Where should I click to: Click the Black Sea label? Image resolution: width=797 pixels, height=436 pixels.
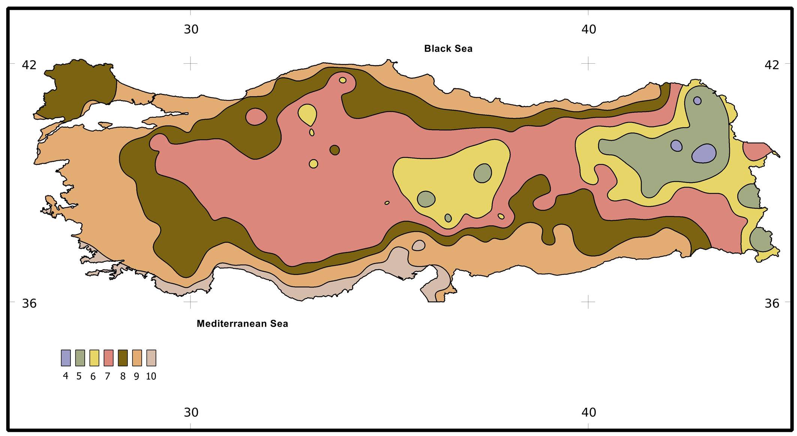click(x=448, y=49)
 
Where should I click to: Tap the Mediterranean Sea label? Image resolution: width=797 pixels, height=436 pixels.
click(x=242, y=324)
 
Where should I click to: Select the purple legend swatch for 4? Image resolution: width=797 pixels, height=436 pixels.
click(x=66, y=358)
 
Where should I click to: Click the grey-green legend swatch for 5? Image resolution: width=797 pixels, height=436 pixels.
click(x=80, y=358)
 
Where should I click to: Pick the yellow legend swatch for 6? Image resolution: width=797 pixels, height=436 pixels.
click(x=94, y=358)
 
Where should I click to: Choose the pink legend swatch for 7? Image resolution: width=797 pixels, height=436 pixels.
click(x=108, y=358)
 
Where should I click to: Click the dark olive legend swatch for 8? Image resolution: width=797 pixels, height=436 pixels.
click(x=123, y=358)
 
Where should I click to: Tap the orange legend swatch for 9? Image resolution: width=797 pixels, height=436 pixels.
click(x=137, y=358)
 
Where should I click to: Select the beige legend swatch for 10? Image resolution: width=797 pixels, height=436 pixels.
click(x=151, y=358)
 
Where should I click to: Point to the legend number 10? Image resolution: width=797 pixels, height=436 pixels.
click(x=151, y=376)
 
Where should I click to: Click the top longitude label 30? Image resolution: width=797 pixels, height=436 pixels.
click(x=191, y=29)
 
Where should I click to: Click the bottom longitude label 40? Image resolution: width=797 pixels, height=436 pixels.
click(x=589, y=412)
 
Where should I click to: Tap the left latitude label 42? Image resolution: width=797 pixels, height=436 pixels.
click(x=29, y=65)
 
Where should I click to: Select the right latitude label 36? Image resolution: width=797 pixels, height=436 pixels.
click(x=772, y=303)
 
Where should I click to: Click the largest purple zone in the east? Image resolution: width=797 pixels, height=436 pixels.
click(x=704, y=154)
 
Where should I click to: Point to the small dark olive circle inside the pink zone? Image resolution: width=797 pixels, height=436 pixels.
click(x=334, y=150)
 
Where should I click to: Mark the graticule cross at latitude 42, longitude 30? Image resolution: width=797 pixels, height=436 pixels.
click(x=190, y=63)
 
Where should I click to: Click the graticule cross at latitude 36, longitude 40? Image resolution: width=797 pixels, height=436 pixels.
click(x=588, y=301)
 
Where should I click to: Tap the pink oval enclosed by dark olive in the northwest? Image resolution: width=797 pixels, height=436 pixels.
click(x=256, y=116)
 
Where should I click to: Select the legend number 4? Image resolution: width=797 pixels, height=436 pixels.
click(x=66, y=376)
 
